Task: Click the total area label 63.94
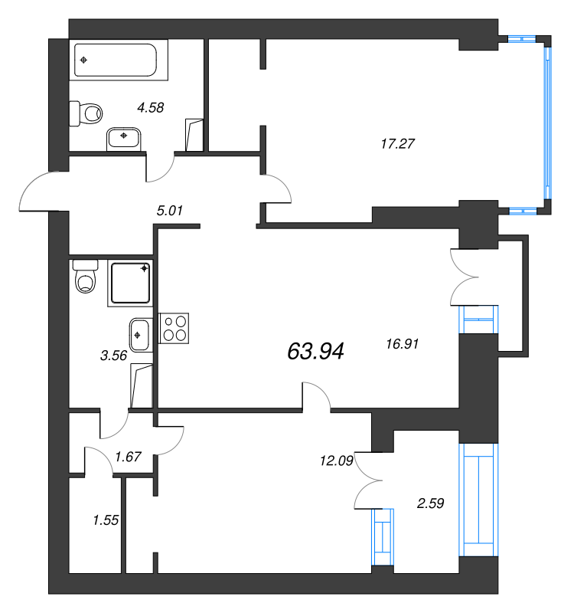pos(315,351)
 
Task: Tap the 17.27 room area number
pos(397,144)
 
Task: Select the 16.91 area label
pos(403,344)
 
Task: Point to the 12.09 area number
pos(337,461)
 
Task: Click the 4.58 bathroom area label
pos(151,107)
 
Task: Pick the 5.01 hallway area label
pos(169,211)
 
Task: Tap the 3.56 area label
pos(113,356)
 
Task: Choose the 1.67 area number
pos(128,457)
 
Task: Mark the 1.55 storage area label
pos(106,520)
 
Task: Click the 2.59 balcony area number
pos(430,503)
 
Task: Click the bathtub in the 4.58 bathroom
pos(116,60)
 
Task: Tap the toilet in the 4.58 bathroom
pos(86,113)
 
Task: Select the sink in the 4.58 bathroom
pos(123,139)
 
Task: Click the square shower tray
pos(130,283)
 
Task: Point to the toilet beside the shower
pos(86,277)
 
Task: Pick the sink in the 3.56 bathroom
pos(140,335)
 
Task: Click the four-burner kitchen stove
pos(174,329)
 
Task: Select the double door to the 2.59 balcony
pos(368,480)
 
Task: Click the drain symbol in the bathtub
pos(83,60)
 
